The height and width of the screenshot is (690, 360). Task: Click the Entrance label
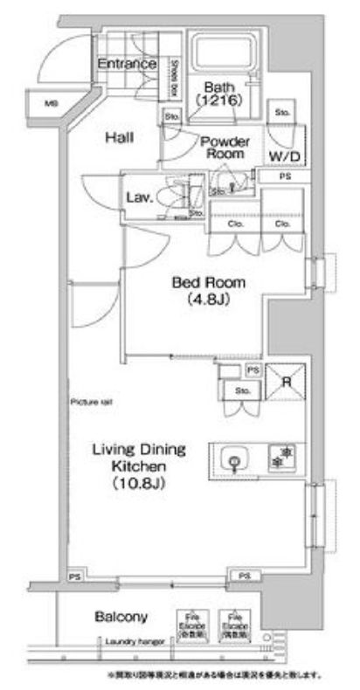tap(127, 64)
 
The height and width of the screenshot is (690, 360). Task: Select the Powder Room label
tap(225, 147)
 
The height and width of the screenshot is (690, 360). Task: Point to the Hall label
tap(120, 137)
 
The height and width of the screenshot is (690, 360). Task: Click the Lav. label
tap(141, 197)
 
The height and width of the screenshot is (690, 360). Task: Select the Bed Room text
tap(208, 282)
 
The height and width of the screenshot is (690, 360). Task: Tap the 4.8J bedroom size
tap(208, 299)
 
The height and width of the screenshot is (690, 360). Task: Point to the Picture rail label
tap(89, 402)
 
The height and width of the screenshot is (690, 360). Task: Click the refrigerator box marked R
tap(284, 381)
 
